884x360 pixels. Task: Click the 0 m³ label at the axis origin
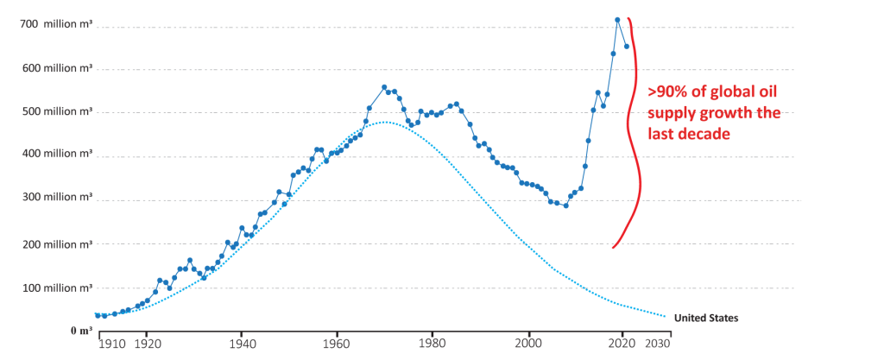[x=79, y=330]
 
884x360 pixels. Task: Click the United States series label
[x=705, y=318]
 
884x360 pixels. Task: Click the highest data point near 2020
[x=617, y=19]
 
